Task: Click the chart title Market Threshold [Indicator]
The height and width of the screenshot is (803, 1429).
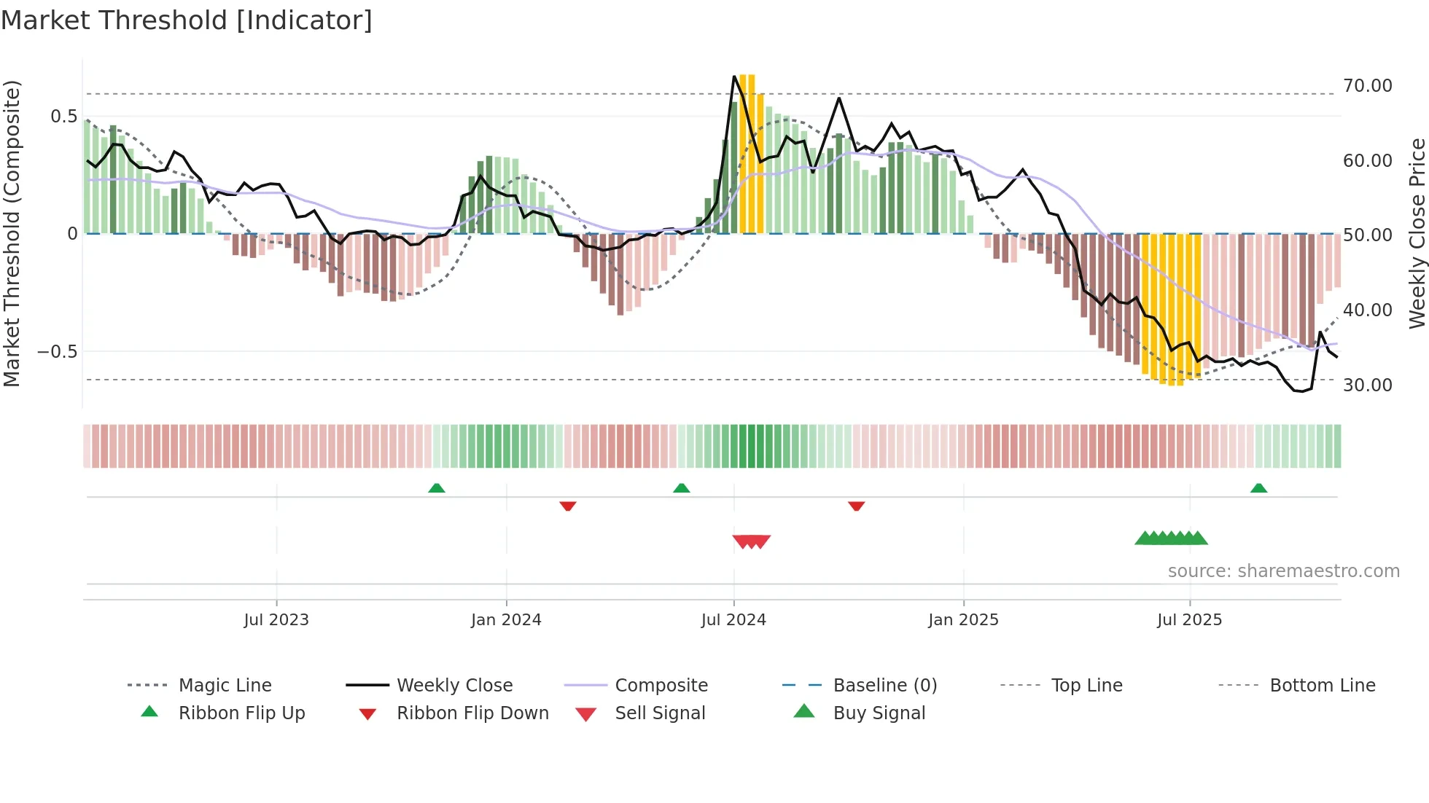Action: [x=187, y=20]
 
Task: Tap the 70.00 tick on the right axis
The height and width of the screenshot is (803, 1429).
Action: [x=1367, y=86]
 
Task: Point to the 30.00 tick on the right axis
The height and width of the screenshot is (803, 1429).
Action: [x=1367, y=385]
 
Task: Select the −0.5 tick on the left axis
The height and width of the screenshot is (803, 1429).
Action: [x=57, y=352]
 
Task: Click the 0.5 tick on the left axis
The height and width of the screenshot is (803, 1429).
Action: [x=63, y=117]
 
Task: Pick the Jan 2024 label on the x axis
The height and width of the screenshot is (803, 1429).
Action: [x=506, y=620]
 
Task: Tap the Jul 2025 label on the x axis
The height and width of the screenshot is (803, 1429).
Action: [x=1189, y=620]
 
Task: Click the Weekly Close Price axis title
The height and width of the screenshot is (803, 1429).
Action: [x=1417, y=233]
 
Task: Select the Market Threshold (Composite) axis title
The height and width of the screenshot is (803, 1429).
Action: [x=12, y=233]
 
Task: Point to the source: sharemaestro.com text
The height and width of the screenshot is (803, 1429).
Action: [x=1283, y=571]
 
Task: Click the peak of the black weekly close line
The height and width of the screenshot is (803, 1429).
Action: [x=734, y=76]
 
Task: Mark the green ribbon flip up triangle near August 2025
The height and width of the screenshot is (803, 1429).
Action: [x=1258, y=488]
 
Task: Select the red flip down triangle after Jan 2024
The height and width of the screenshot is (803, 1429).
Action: [x=568, y=506]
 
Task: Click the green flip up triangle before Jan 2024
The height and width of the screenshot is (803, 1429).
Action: [x=436, y=488]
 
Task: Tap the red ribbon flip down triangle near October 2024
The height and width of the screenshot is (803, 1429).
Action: [x=857, y=506]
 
